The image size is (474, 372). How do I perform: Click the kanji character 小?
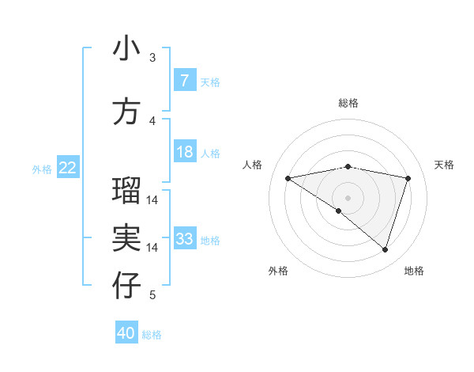tap(126, 49)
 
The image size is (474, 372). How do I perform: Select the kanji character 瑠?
tap(126, 191)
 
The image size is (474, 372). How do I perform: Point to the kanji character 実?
tap(126, 238)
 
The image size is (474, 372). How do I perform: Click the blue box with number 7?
tap(184, 81)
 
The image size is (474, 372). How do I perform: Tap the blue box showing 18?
tap(184, 152)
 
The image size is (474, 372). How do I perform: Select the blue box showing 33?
tap(184, 239)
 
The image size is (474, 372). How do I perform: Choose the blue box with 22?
tap(68, 168)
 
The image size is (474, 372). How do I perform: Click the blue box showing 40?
tap(126, 333)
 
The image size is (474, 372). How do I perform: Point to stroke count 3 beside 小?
tap(152, 58)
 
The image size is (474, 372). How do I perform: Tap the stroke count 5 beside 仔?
tap(152, 295)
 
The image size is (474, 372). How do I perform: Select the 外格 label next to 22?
tap(41, 169)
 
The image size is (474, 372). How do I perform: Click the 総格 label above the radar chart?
tap(348, 103)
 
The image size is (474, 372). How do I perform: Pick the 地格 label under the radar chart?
tap(414, 271)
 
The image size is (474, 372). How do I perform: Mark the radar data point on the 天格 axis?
tap(408, 178)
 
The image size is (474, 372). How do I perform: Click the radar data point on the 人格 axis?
tap(288, 178)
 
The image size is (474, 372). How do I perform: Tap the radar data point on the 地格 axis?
tap(385, 250)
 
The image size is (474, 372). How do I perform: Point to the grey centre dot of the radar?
tap(348, 197)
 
